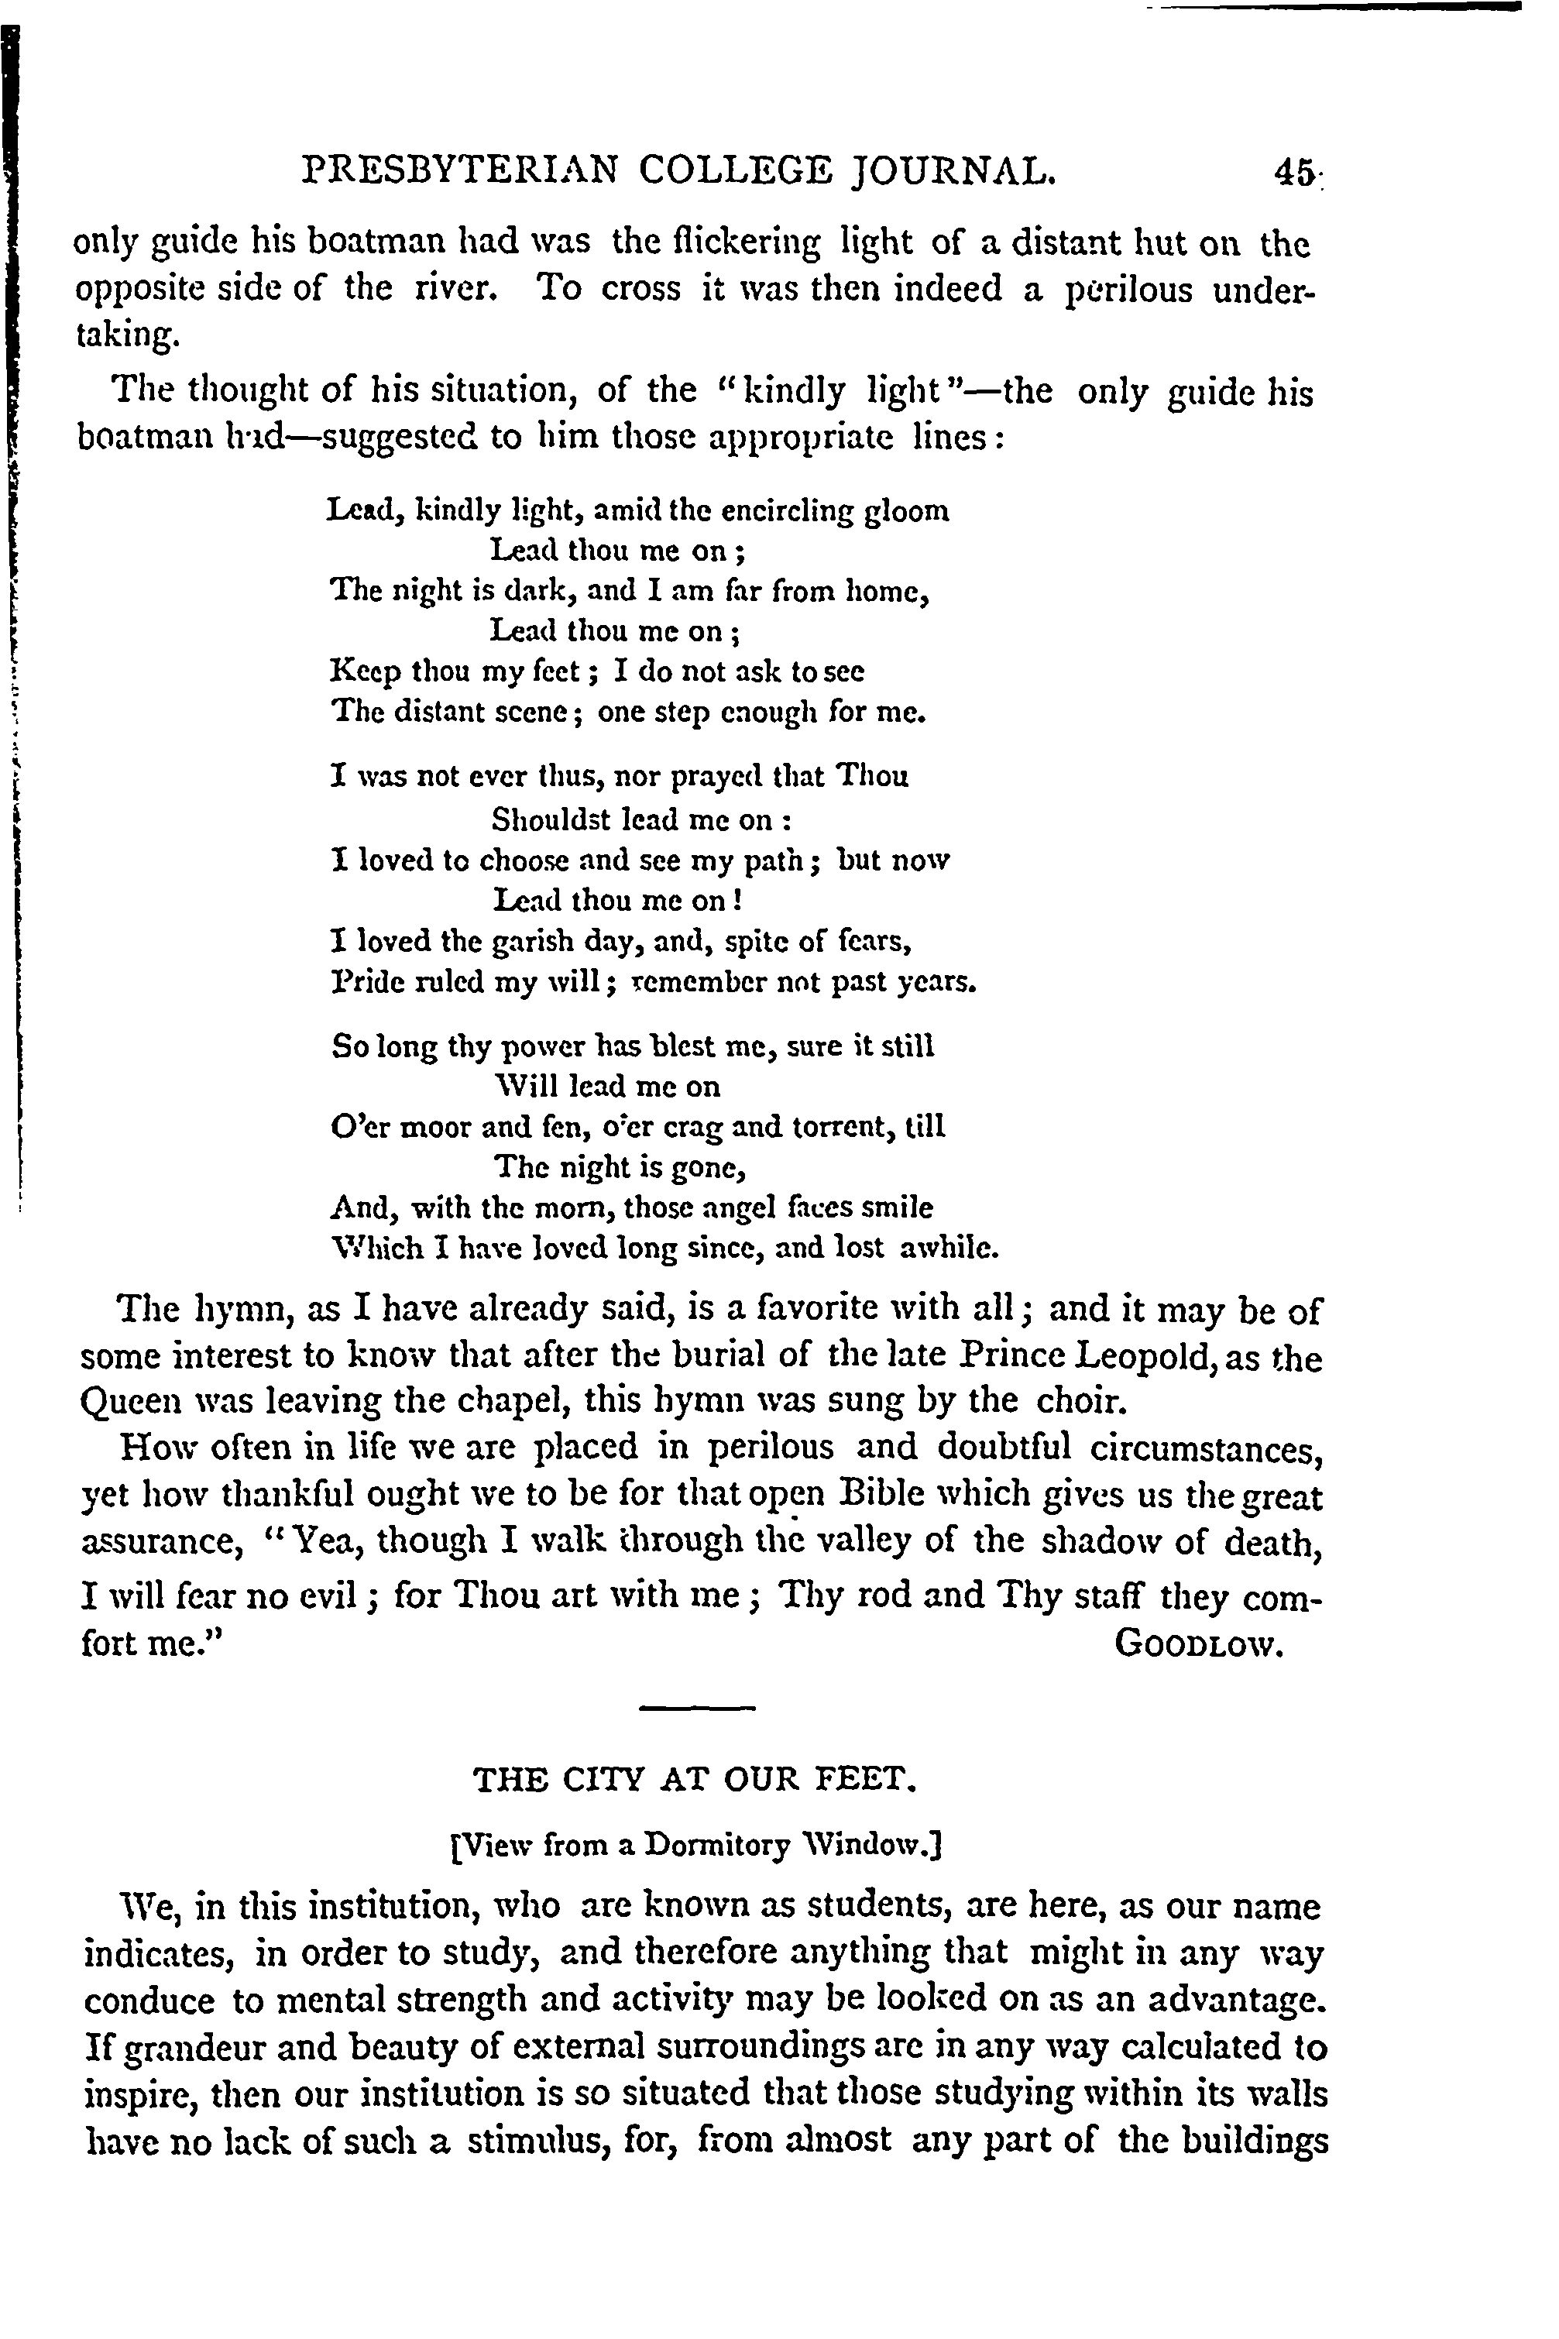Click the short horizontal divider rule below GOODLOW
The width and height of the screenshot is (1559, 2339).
pos(697,1709)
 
